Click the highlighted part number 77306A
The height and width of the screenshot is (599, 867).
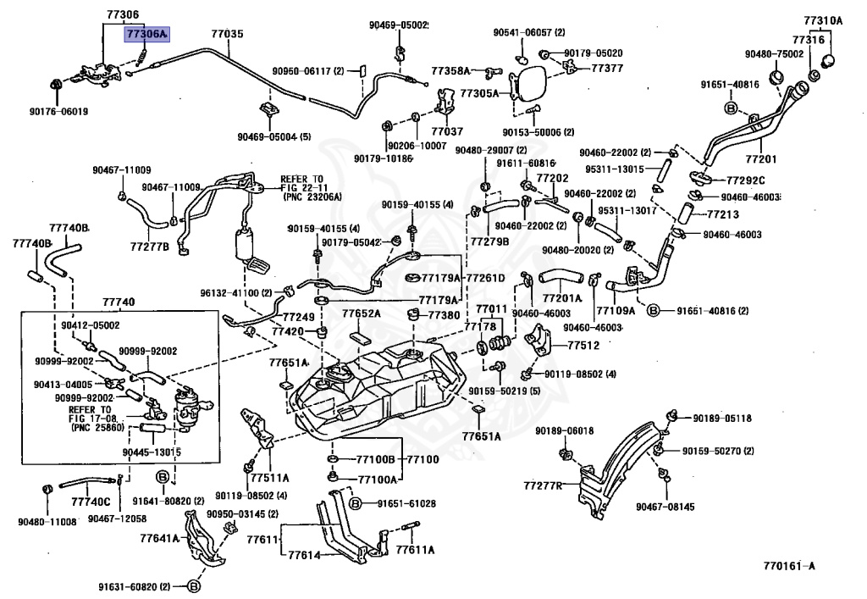(146, 34)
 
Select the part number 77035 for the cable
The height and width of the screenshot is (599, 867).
(227, 34)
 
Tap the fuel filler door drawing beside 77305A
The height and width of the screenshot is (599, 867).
(528, 84)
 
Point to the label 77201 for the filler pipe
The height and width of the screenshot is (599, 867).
(761, 159)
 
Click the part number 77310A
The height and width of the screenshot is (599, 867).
(823, 21)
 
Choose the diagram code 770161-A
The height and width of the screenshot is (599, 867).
(789, 565)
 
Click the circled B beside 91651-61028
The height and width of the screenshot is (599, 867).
(356, 503)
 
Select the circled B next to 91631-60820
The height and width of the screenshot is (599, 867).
(194, 586)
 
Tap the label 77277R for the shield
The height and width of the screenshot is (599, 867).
(543, 485)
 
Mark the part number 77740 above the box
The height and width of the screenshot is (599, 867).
(119, 302)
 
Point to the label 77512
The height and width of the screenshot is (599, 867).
(583, 345)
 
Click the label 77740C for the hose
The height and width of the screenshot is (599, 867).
(91, 502)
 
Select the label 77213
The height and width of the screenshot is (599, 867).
(723, 214)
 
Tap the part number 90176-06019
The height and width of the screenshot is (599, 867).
(58, 112)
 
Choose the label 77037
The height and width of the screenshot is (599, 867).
(447, 131)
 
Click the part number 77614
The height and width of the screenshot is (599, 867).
(304, 555)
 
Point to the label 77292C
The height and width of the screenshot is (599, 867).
(745, 180)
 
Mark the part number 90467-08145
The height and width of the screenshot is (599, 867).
(665, 507)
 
